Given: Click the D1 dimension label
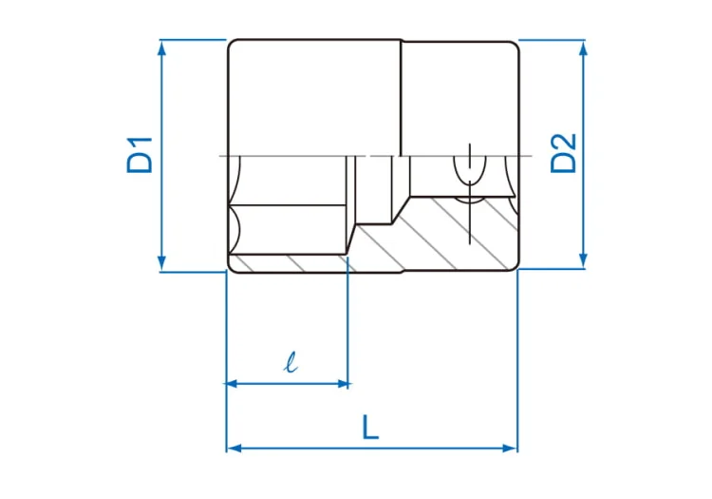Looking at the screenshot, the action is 140,155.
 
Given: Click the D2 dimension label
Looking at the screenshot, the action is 563,153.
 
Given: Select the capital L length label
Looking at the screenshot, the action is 370,427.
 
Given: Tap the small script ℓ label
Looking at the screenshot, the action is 290,362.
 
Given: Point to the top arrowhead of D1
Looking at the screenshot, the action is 161,48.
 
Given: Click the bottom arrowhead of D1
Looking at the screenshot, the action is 161,263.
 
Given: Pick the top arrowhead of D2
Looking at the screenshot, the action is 584,48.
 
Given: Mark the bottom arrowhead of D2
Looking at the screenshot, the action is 584,260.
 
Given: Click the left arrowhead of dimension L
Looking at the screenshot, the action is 234,449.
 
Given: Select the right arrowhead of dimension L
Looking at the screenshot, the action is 510,449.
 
